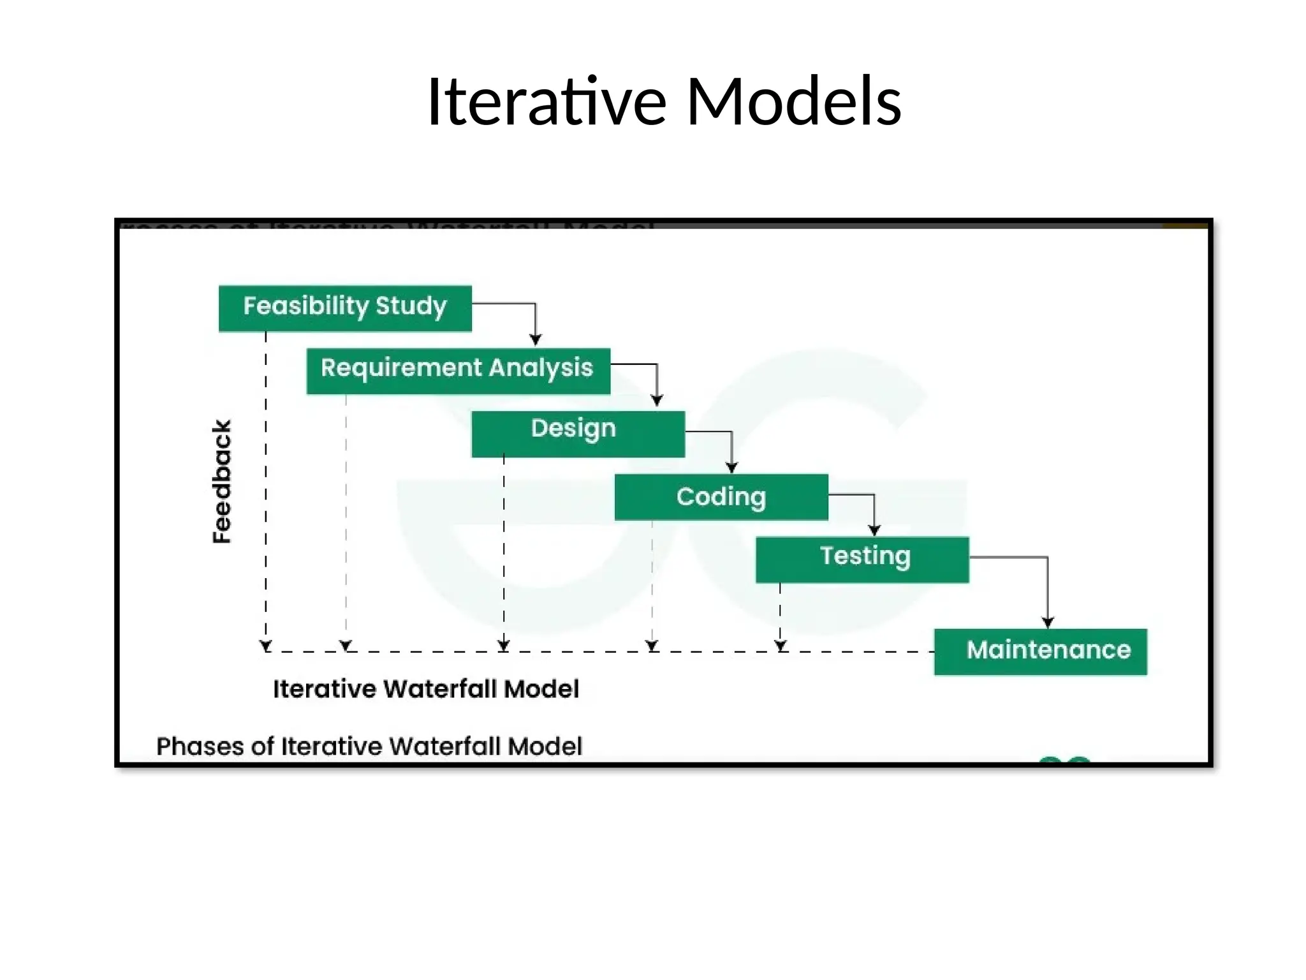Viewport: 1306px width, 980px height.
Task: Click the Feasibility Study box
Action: (345, 308)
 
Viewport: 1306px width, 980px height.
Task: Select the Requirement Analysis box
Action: (458, 371)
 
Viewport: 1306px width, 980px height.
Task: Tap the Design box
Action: (578, 434)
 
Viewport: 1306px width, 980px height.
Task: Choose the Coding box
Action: (721, 497)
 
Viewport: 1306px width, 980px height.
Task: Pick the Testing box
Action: (862, 560)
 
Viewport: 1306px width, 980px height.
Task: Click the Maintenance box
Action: (1040, 651)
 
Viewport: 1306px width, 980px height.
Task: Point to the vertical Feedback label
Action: (221, 481)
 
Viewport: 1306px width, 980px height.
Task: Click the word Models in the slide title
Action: (793, 101)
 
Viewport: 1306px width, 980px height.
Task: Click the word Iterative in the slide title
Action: (547, 101)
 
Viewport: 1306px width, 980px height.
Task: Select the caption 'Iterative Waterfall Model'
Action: (426, 689)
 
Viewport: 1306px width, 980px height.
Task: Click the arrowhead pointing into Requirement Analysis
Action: (536, 339)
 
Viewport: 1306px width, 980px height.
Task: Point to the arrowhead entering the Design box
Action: (657, 401)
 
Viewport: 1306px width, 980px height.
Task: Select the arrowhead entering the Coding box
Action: (731, 468)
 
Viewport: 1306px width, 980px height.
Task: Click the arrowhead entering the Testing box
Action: (874, 530)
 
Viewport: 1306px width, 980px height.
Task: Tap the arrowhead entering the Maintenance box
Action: (1048, 622)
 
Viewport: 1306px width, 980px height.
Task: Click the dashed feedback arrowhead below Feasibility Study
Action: (266, 646)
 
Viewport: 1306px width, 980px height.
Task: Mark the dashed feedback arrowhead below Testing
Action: (781, 646)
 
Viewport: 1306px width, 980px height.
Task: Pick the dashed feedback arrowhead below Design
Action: (504, 646)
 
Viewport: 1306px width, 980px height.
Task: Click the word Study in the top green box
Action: (411, 306)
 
